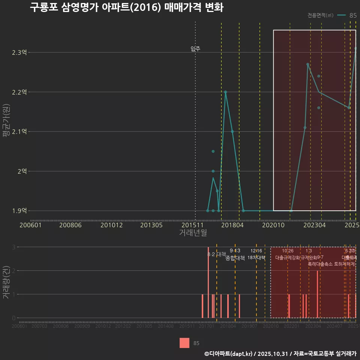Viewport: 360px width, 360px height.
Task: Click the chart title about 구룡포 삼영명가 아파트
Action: [126, 7]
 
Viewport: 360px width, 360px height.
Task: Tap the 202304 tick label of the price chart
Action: [314, 225]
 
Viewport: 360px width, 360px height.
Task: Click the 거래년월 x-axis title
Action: [193, 233]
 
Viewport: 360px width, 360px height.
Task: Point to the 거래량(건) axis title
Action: [6, 282]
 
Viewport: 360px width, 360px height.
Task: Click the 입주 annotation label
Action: [195, 49]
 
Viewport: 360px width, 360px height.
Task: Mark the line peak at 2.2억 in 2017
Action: [225, 92]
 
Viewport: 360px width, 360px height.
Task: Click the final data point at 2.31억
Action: [355, 48]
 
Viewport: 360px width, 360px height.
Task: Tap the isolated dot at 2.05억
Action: [213, 151]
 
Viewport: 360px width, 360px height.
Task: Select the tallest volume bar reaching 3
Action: [208, 282]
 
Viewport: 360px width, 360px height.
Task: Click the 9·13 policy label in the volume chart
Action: [235, 250]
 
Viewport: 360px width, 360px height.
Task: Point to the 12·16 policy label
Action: [256, 250]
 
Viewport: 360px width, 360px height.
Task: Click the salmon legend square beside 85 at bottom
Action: [184, 343]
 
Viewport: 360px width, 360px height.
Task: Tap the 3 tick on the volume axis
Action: [13, 247]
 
